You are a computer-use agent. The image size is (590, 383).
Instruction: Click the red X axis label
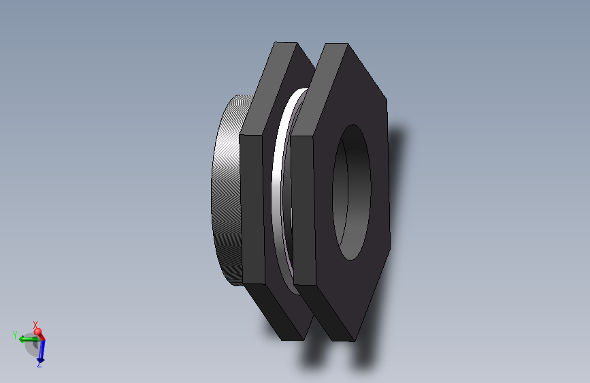(x=35, y=324)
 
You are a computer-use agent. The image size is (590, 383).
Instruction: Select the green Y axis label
(x=14, y=335)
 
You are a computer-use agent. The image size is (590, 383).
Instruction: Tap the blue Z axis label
(x=39, y=365)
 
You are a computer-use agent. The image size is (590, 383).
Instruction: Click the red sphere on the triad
(x=38, y=333)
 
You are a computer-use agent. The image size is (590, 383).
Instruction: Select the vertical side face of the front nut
(x=304, y=208)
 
